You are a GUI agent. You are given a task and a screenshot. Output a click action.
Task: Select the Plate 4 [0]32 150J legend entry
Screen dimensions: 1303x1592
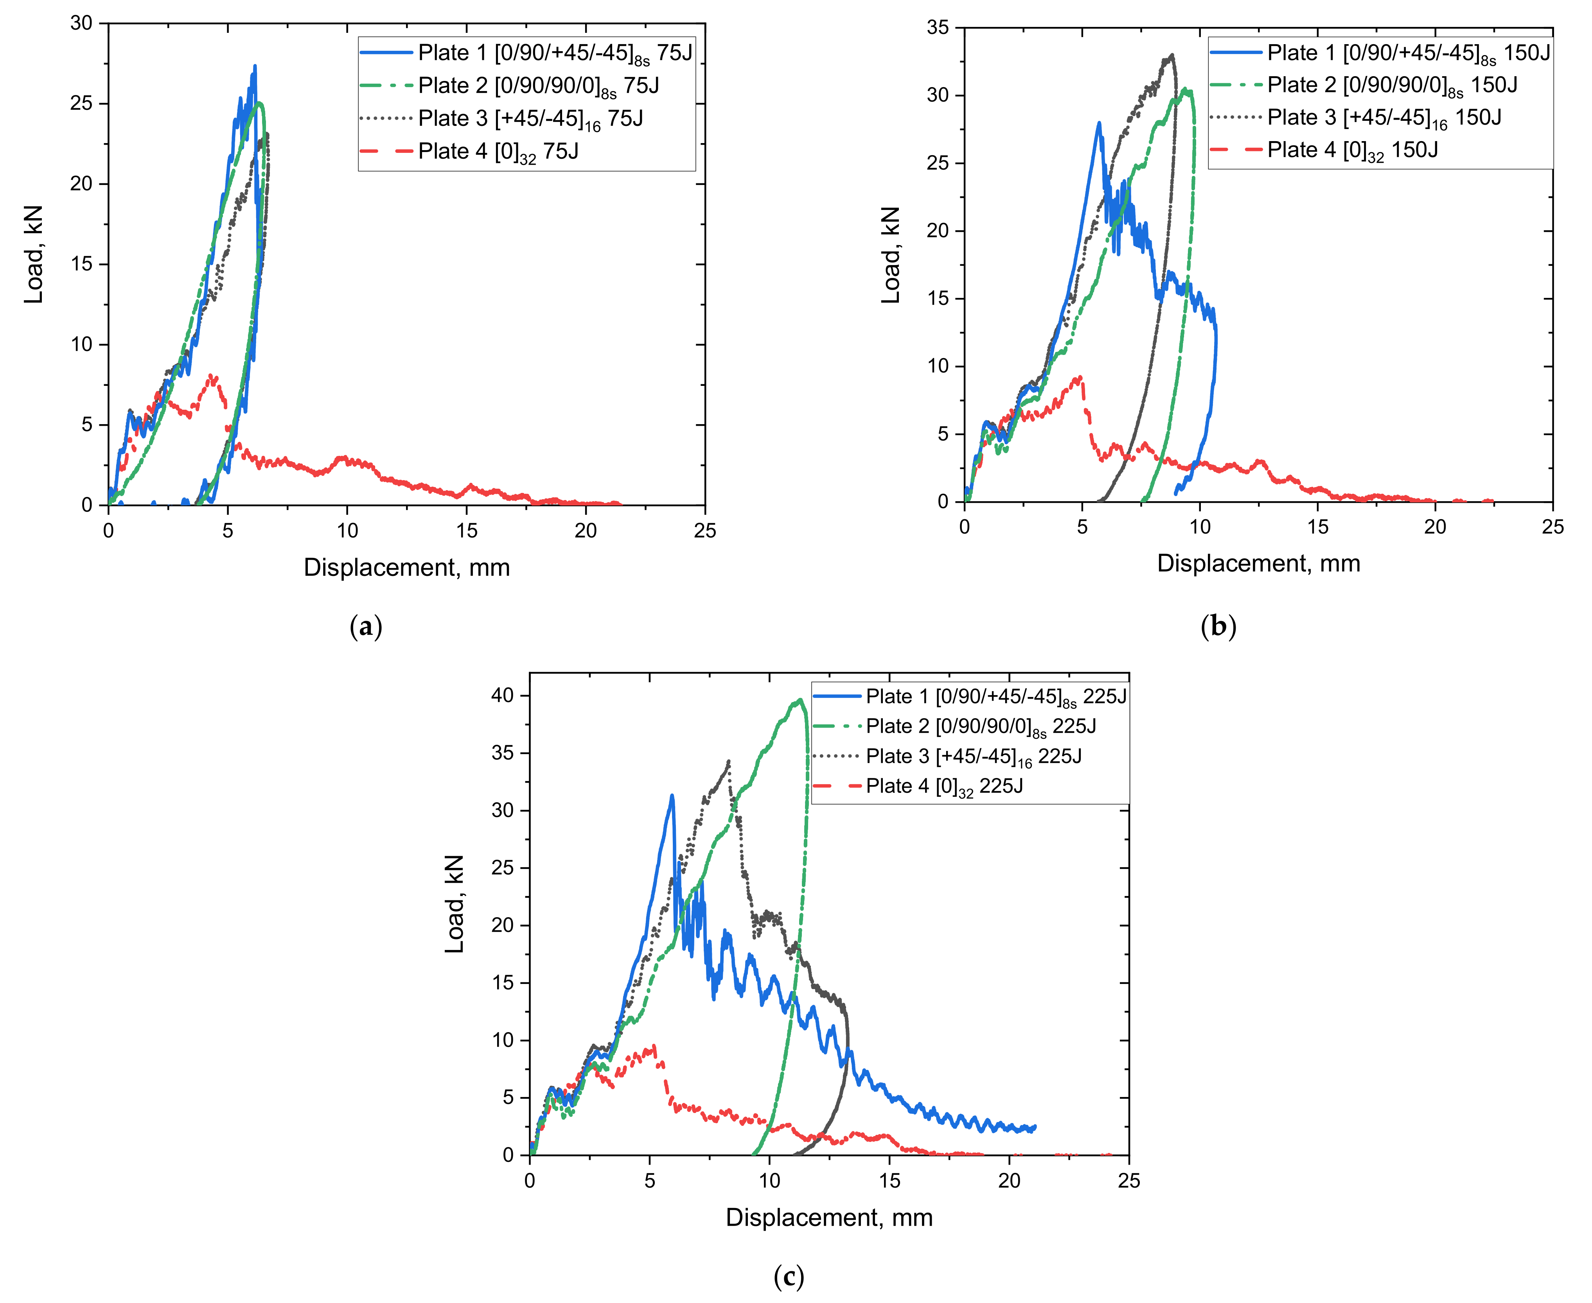pos(1352,150)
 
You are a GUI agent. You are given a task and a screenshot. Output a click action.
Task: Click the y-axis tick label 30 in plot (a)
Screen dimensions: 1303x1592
pos(81,23)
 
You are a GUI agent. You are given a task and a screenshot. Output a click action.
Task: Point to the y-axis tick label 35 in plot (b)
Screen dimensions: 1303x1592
pos(938,28)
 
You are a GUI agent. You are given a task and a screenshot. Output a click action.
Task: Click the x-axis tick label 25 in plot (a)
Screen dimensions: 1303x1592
pos(704,531)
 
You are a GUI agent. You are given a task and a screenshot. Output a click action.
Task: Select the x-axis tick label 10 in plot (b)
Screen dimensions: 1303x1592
pos(1199,527)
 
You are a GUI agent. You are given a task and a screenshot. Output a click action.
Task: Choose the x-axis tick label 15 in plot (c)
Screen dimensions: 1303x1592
pos(889,1181)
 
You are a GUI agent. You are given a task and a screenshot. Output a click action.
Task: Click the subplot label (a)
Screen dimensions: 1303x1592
pos(366,626)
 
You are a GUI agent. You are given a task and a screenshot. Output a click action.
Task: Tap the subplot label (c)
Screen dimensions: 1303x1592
pos(789,1276)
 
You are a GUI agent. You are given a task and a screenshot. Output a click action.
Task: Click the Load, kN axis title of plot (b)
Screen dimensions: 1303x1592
pos(891,255)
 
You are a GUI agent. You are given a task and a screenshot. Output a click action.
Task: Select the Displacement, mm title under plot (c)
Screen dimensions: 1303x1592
pos(829,1217)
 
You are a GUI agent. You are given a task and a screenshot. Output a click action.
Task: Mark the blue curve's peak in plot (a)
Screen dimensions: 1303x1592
pos(255,66)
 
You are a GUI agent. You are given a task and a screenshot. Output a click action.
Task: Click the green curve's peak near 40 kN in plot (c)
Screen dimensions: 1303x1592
pos(801,699)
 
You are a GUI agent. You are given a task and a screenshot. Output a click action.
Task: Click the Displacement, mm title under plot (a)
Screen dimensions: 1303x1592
pos(406,567)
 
